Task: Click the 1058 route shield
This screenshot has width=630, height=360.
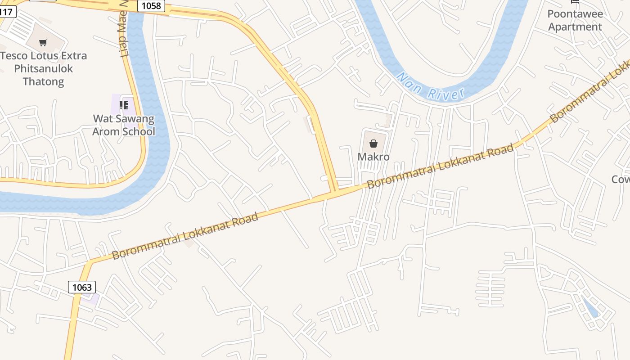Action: point(151,6)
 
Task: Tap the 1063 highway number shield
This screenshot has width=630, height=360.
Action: point(82,287)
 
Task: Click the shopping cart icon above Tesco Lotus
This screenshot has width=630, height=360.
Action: point(43,43)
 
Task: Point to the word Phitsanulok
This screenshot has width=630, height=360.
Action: point(43,69)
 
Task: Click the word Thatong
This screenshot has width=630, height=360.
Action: point(43,82)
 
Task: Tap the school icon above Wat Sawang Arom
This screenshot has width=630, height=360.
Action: point(124,105)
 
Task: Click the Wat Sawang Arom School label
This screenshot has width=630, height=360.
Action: point(124,125)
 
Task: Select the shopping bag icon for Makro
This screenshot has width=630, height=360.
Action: point(373,144)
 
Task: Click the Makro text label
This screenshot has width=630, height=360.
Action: point(373,157)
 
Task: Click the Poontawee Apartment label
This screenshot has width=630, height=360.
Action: point(575,20)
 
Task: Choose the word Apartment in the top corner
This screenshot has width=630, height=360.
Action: point(575,27)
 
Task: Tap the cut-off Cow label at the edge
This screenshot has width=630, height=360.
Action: point(621,179)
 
